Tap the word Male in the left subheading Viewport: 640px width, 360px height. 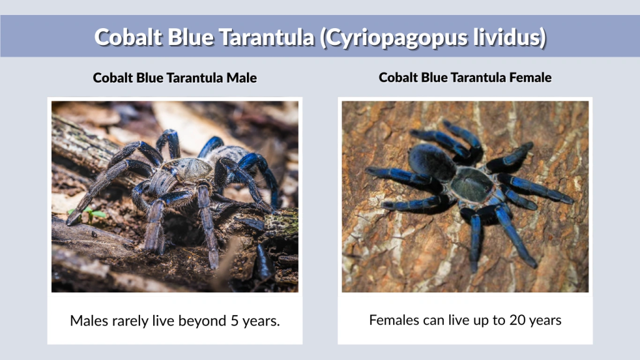coord(241,78)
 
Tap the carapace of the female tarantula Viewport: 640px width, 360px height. coord(472,184)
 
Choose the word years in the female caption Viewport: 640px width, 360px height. coord(544,321)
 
